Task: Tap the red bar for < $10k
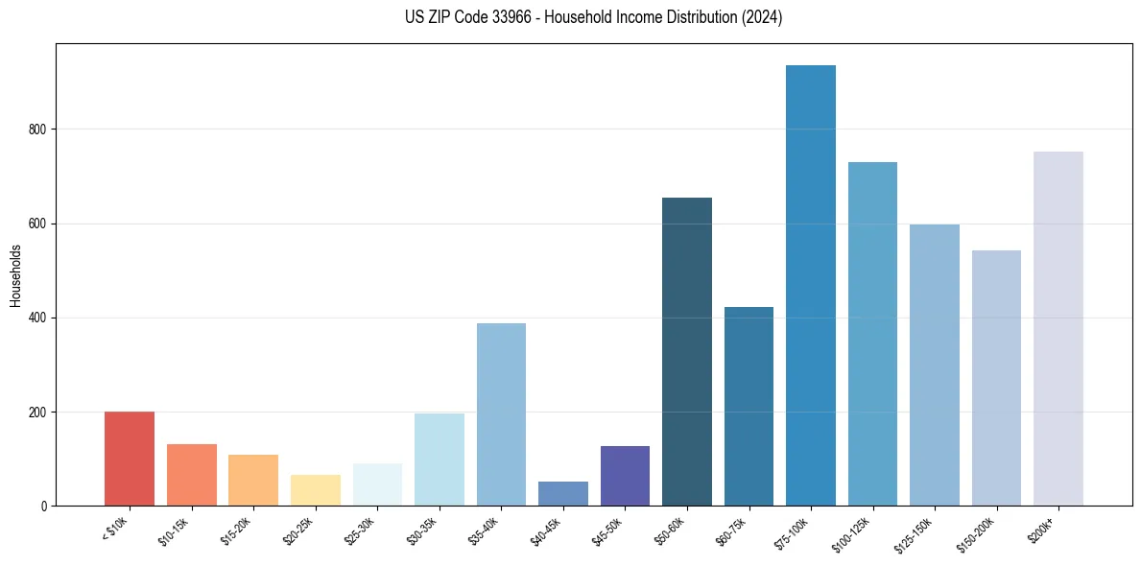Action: (x=130, y=459)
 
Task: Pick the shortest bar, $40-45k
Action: (x=563, y=494)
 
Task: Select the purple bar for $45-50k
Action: (x=625, y=476)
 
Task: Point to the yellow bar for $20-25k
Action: (x=316, y=490)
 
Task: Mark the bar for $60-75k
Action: (x=749, y=407)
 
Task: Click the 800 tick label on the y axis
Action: (x=36, y=130)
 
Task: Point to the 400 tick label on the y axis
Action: (x=36, y=318)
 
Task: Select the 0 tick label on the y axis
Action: (x=42, y=507)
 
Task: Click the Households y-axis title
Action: (x=15, y=275)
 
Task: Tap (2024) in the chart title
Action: (x=763, y=17)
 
